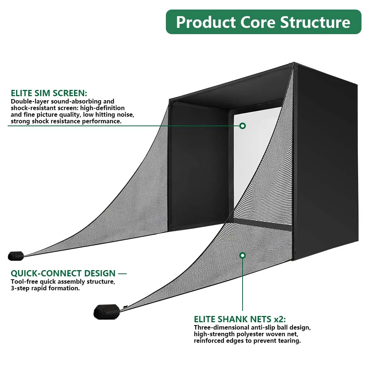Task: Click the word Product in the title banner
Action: [206, 22]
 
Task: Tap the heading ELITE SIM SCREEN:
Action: [49, 93]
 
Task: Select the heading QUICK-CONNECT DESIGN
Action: [63, 273]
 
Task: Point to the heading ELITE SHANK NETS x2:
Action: [240, 319]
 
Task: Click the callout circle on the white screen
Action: [242, 126]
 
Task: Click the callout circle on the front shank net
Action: [242, 255]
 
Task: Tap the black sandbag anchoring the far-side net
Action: [16, 255]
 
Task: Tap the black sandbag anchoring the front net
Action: [106, 311]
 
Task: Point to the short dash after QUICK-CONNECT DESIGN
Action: [122, 273]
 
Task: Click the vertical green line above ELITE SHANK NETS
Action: [242, 286]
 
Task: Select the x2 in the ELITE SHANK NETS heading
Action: [279, 319]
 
